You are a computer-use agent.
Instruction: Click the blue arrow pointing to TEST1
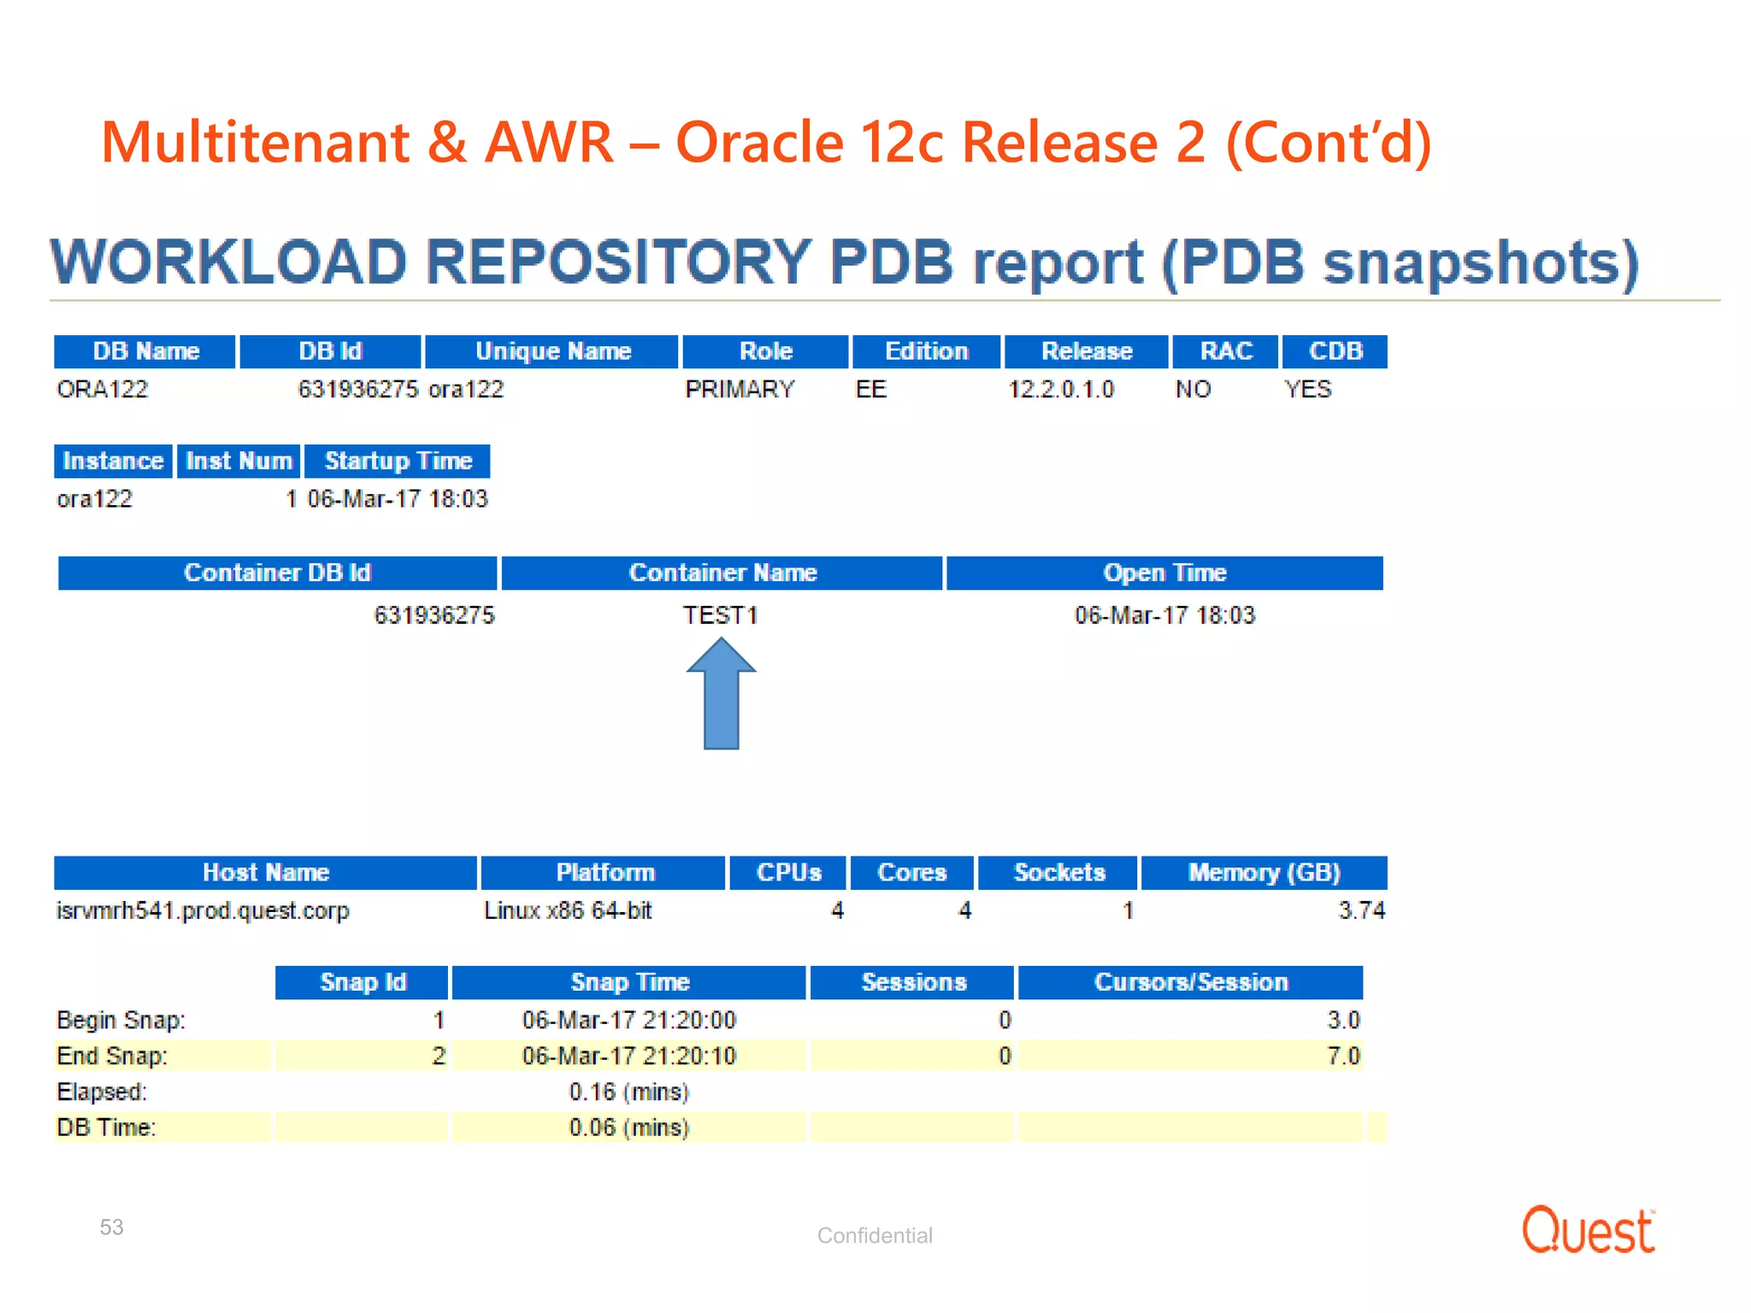pyautogui.click(x=721, y=697)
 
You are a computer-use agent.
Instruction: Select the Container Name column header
pyautogui.click(x=722, y=573)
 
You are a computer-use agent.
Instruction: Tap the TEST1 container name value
pyautogui.click(x=720, y=615)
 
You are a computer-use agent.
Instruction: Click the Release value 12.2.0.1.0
pyautogui.click(x=1061, y=390)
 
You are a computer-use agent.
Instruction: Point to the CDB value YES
pyautogui.click(x=1307, y=390)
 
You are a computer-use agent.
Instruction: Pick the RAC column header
pyautogui.click(x=1225, y=351)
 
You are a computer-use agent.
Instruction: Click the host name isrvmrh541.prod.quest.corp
pyautogui.click(x=203, y=911)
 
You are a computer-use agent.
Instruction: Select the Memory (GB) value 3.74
pyautogui.click(x=1361, y=911)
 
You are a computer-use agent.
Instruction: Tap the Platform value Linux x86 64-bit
pyautogui.click(x=568, y=911)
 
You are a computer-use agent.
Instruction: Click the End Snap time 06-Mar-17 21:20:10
pyautogui.click(x=628, y=1057)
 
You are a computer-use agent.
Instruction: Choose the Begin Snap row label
pyautogui.click(x=121, y=1021)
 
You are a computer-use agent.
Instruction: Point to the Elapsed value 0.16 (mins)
pyautogui.click(x=628, y=1092)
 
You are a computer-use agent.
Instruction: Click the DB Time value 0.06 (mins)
pyautogui.click(x=628, y=1128)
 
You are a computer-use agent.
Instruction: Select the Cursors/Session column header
pyautogui.click(x=1190, y=982)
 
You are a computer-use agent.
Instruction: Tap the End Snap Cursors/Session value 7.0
pyautogui.click(x=1343, y=1057)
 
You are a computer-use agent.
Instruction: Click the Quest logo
pyautogui.click(x=1588, y=1230)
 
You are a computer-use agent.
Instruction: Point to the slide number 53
pyautogui.click(x=111, y=1228)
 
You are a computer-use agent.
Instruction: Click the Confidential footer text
pyautogui.click(x=875, y=1235)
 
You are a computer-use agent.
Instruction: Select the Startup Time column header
pyautogui.click(x=398, y=462)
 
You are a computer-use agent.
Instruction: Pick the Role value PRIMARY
pyautogui.click(x=740, y=390)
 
